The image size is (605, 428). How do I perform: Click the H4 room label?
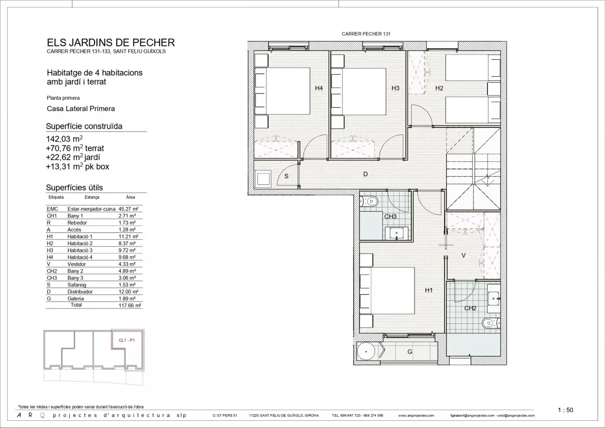click(319, 88)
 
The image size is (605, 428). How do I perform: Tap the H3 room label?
click(396, 88)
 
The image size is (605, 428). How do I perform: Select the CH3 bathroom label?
click(390, 216)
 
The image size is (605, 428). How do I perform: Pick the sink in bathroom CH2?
click(494, 298)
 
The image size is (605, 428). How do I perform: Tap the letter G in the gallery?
click(410, 352)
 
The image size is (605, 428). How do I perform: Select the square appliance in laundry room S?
click(263, 179)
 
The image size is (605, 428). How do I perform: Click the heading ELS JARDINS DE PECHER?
click(111, 42)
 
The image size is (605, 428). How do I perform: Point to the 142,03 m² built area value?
click(64, 139)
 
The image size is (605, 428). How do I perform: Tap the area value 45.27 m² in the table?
click(128, 209)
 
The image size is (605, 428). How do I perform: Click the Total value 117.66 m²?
click(130, 306)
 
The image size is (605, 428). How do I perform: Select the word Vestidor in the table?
click(77, 264)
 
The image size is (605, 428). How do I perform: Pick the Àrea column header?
click(130, 197)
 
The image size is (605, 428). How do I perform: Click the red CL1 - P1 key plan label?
click(127, 340)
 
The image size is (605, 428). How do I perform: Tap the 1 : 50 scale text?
click(565, 410)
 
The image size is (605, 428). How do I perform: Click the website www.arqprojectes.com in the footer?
click(416, 415)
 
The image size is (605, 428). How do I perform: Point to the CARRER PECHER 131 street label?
click(366, 34)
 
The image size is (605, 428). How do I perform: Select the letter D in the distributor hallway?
click(365, 174)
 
